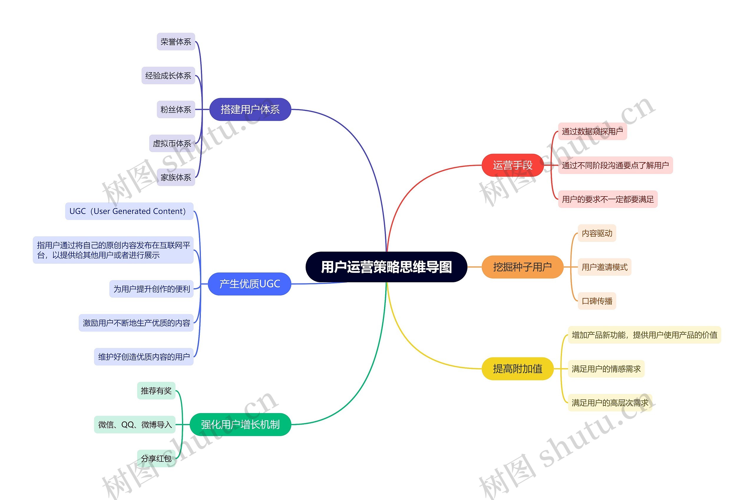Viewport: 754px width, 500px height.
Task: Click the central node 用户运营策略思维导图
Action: click(x=386, y=267)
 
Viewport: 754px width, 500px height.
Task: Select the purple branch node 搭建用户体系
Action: click(x=250, y=109)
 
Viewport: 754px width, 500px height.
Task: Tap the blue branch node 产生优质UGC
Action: click(x=249, y=284)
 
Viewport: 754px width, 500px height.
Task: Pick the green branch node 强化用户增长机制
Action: click(x=240, y=425)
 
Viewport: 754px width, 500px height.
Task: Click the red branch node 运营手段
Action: click(x=512, y=165)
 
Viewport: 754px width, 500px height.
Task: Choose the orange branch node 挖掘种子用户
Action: click(x=522, y=267)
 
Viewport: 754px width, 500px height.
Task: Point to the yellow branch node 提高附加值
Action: click(x=517, y=369)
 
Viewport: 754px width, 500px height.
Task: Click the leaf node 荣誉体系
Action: click(x=176, y=42)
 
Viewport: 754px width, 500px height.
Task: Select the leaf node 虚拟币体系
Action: click(x=172, y=143)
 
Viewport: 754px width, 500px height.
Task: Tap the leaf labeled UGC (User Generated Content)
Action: click(x=129, y=211)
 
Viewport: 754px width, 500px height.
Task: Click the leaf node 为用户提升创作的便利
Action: click(x=151, y=289)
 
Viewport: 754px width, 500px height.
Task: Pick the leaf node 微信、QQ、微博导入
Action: click(x=135, y=425)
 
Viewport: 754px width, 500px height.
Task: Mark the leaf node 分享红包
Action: click(x=156, y=458)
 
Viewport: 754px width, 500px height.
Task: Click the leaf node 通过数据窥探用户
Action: click(x=592, y=131)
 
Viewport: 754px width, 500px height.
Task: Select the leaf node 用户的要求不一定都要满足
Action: click(x=607, y=199)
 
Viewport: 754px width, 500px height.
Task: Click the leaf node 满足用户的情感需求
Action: click(x=606, y=369)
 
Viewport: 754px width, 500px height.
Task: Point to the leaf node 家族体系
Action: click(x=176, y=177)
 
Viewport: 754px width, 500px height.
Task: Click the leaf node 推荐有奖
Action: click(x=156, y=391)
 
